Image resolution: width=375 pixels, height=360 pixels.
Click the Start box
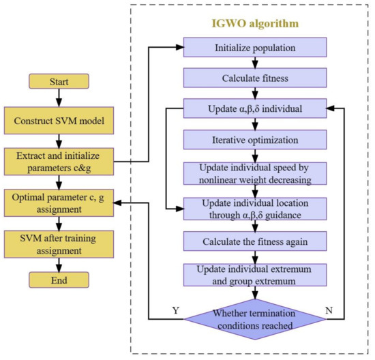[58, 82]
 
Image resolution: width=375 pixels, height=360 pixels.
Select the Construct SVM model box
[58, 121]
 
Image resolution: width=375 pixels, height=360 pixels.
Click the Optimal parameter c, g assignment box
[58, 202]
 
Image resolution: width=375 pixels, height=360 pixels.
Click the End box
[58, 280]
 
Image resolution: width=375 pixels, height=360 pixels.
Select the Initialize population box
[254, 49]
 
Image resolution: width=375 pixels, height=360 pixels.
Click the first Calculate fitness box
[254, 78]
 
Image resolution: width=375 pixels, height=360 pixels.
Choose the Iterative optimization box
[254, 140]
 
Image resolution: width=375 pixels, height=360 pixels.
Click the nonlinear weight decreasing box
[254, 173]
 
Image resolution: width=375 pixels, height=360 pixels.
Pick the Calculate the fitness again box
[254, 241]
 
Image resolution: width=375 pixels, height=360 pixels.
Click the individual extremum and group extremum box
[254, 274]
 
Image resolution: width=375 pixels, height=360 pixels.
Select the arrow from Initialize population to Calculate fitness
[254, 64]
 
